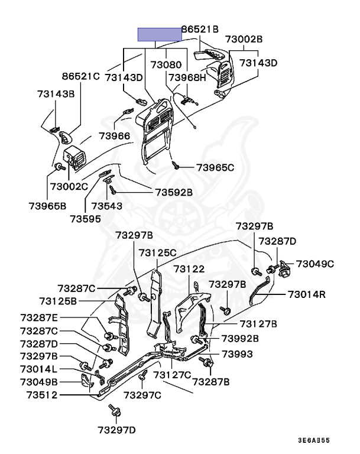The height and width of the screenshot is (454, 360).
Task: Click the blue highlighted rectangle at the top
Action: [x=160, y=34]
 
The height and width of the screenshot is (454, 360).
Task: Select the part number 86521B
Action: [x=200, y=28]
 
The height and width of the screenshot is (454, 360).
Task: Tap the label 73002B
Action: [x=243, y=39]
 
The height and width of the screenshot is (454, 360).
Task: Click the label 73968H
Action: [x=187, y=77]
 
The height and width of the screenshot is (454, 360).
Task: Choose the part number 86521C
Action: [x=81, y=76]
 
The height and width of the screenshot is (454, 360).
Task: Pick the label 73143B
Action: [x=56, y=93]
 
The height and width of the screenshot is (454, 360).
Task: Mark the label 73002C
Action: [x=69, y=186]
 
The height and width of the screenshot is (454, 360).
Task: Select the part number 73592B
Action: [x=174, y=192]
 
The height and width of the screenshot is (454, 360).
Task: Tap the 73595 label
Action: [x=85, y=218]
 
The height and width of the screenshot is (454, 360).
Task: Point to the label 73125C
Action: [x=158, y=252]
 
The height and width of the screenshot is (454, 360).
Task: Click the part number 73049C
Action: [x=315, y=264]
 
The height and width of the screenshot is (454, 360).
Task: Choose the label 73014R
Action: [x=307, y=294]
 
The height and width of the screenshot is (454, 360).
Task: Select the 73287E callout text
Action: [x=40, y=317]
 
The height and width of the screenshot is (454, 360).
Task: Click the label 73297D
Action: [x=117, y=429]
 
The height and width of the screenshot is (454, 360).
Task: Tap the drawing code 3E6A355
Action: [x=314, y=441]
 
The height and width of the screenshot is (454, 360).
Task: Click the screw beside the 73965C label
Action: [x=176, y=165]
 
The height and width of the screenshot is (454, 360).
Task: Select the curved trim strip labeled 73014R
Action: [x=258, y=292]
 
